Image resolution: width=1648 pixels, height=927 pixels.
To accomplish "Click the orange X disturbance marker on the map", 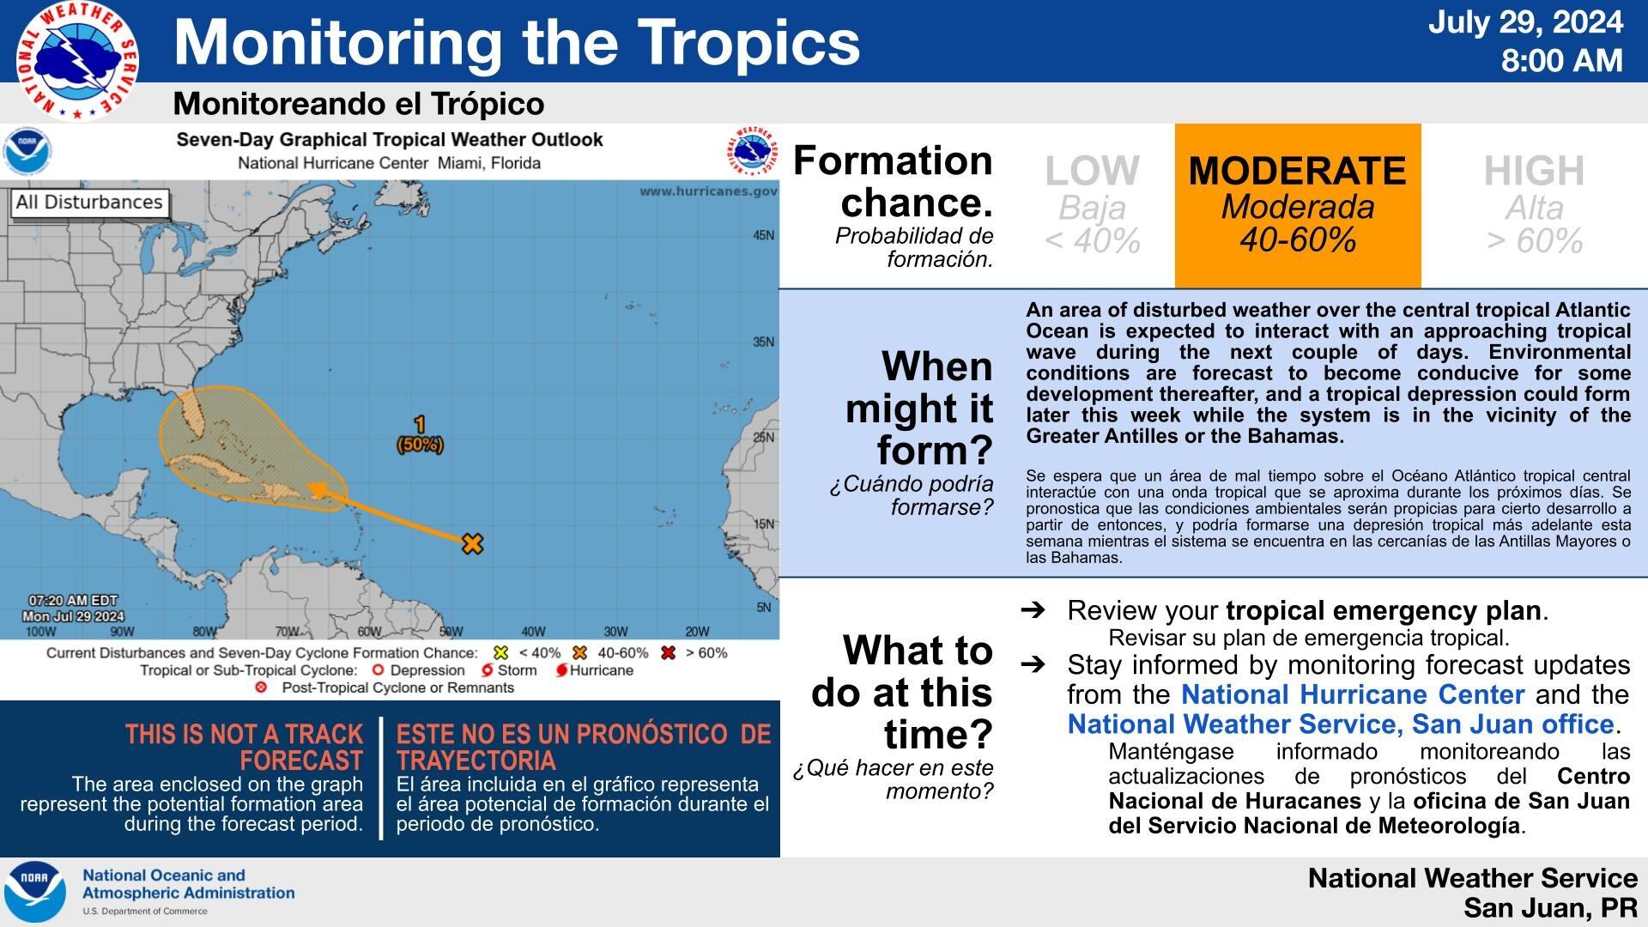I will point(472,543).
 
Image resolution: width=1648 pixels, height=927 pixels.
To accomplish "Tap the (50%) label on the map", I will point(420,445).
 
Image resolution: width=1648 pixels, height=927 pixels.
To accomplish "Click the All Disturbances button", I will point(89,203).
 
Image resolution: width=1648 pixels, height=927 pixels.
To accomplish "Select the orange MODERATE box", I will point(1297,205).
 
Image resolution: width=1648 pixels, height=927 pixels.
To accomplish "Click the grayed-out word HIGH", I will point(1534,171).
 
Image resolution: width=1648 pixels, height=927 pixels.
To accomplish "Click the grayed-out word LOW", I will point(1092,171).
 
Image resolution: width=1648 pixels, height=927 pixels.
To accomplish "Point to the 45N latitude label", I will point(763,235).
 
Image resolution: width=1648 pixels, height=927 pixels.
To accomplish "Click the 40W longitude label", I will point(533,632).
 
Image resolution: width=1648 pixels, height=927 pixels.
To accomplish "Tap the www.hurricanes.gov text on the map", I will point(707,191).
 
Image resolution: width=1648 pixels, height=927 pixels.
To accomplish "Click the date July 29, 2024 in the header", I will point(1525,22).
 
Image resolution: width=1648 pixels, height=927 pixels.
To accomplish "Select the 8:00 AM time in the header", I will point(1561,61).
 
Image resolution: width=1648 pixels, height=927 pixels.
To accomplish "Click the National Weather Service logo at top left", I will point(77,61).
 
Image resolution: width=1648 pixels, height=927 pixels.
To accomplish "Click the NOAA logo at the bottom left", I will point(35,892).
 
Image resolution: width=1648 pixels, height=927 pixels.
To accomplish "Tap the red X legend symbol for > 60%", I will point(669,653).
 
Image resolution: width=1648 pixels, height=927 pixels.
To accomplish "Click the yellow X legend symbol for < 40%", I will point(501,653).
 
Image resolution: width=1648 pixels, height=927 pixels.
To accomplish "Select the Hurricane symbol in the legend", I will point(562,670).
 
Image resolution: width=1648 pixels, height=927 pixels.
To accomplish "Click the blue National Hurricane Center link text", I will point(1352,694).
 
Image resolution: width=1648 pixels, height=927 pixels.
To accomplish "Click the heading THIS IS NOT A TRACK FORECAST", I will point(245,747).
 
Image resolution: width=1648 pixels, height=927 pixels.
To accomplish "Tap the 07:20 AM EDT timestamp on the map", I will point(73,601).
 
